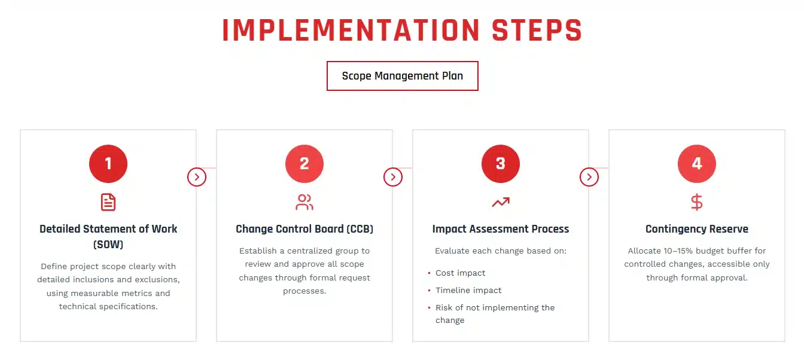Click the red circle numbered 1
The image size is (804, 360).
[108, 163]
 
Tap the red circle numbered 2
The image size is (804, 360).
[304, 163]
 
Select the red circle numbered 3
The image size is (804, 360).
[501, 163]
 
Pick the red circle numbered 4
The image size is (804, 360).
[697, 163]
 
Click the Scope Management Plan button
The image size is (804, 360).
[403, 76]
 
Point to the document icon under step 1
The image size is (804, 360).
[108, 202]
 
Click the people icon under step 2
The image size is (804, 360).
[304, 202]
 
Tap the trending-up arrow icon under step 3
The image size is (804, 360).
[501, 202]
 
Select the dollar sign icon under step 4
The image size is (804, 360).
[697, 202]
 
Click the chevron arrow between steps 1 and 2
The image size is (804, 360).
[197, 177]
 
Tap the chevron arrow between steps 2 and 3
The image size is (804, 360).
[393, 177]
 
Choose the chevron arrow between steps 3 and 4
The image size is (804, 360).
[589, 177]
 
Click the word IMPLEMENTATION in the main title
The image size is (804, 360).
[351, 30]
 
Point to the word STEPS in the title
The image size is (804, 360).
[537, 30]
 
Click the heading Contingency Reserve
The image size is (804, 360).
[697, 229]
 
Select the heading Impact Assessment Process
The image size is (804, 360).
[501, 229]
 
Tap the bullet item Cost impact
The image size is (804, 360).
[460, 273]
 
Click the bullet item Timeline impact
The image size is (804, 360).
[468, 291]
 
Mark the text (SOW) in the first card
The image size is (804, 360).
[108, 245]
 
